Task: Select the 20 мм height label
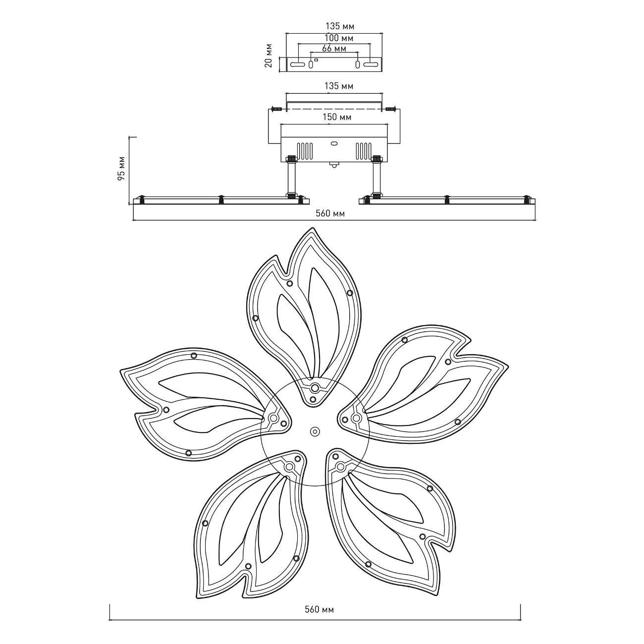(x=268, y=55)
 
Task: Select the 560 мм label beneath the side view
(x=331, y=214)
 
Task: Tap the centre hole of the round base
(x=315, y=431)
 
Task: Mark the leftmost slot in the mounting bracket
(x=297, y=64)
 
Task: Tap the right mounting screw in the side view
(x=391, y=108)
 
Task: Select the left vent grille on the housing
(x=305, y=151)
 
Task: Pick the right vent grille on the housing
(x=363, y=151)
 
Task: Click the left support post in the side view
(x=291, y=178)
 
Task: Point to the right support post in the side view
(x=377, y=178)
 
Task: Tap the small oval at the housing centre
(x=334, y=144)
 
